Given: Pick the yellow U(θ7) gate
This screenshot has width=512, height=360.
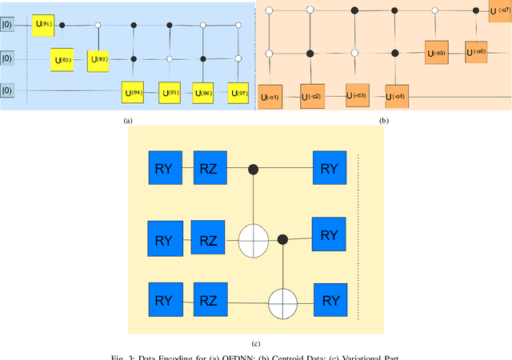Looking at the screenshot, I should coord(238,94).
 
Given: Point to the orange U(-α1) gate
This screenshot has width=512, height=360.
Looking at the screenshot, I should coord(269,98).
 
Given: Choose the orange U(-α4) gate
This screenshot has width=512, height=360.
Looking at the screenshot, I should coord(397,98).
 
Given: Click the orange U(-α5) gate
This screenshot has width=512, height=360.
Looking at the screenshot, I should coord(436,53).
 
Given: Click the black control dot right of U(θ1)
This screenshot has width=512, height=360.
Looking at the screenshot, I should coord(63,25).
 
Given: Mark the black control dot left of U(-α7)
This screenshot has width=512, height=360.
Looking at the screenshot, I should coord(477,10).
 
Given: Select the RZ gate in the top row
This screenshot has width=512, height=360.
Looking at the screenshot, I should coord(210,170).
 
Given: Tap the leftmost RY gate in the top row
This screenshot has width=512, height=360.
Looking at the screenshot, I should coord(164,170).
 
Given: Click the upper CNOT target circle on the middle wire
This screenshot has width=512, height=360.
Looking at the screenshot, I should coord(254,238).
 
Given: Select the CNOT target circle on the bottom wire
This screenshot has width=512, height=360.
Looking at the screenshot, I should coord(282,303).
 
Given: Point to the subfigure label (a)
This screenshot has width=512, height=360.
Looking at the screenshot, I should coord(126,121).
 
